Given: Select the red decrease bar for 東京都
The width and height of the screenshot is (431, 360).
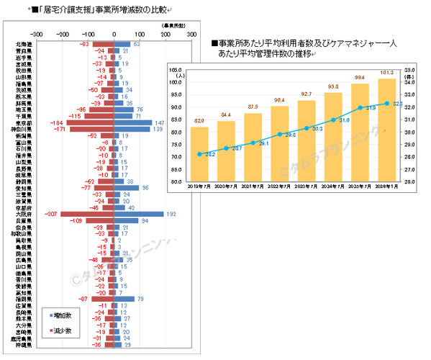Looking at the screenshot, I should click(91, 122).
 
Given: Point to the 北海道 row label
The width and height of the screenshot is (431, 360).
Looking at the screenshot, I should click(22, 45).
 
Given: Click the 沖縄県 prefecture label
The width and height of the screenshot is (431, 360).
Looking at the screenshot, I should click(22, 346).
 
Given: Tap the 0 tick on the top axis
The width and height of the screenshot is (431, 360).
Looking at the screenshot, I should click(114, 33).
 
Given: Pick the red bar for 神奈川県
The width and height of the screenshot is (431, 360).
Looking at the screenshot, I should click(92, 130).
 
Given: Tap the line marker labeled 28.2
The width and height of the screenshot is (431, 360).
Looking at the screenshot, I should click(200, 154).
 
